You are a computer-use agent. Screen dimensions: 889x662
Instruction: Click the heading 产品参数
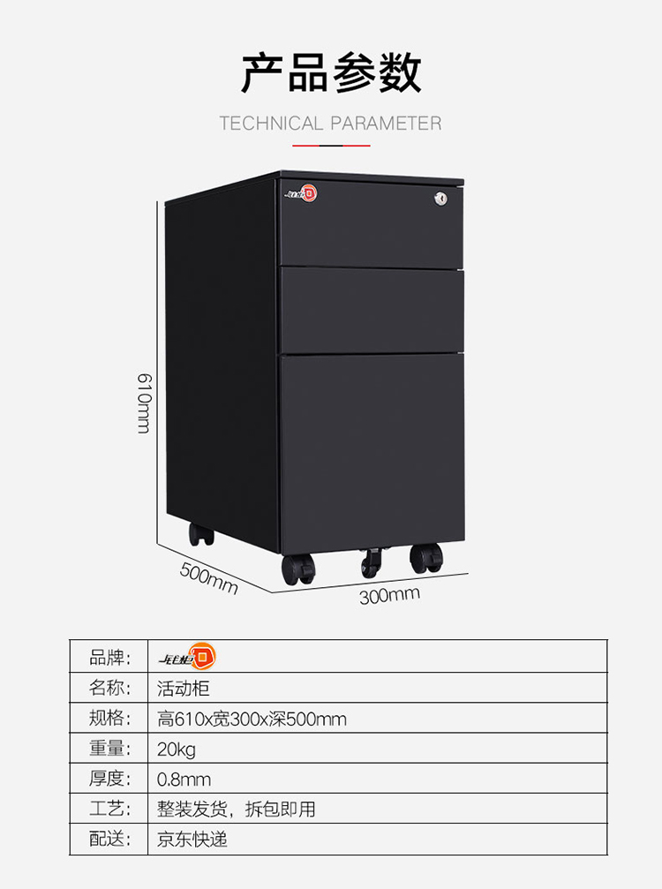tap(331, 73)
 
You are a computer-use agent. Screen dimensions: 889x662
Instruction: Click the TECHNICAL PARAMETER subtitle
tap(330, 124)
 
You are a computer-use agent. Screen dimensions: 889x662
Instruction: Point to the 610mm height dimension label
tap(143, 403)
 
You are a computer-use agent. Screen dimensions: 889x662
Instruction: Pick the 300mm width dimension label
tap(389, 595)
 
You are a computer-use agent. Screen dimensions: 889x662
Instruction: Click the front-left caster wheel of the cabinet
tap(297, 569)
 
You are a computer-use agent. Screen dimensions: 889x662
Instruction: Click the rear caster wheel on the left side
tap(200, 533)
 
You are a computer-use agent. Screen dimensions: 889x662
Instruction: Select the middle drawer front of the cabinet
tap(372, 310)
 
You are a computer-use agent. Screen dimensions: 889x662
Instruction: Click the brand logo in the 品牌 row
tap(186, 657)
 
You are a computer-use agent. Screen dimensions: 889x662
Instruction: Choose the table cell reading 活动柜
tap(184, 688)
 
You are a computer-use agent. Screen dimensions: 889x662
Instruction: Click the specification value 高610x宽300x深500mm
tap(252, 719)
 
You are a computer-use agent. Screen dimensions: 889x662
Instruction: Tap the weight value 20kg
tap(177, 750)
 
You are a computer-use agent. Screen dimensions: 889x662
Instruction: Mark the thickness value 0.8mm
tap(184, 780)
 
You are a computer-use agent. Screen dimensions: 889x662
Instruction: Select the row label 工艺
tap(109, 810)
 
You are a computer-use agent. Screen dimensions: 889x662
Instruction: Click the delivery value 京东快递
tap(192, 840)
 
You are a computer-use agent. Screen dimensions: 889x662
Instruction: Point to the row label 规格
tap(109, 719)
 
